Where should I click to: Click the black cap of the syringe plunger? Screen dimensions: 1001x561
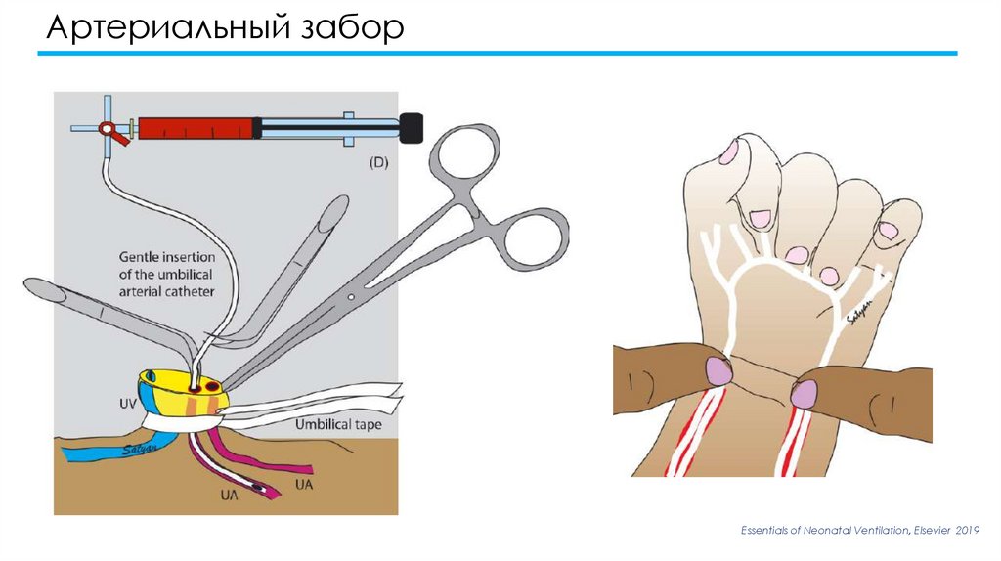(412, 128)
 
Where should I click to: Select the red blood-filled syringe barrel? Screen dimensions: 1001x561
(196, 128)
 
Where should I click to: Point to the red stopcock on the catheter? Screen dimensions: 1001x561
(111, 132)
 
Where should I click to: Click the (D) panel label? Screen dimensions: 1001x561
(378, 163)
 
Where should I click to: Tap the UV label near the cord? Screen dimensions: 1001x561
(128, 404)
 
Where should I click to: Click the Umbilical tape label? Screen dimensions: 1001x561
(338, 424)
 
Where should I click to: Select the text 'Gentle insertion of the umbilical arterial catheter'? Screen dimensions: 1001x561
(167, 275)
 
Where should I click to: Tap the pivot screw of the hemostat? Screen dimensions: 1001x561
(351, 297)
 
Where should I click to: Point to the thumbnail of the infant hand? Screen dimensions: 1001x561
(728, 151)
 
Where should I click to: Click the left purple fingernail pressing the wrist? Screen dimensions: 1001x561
(718, 371)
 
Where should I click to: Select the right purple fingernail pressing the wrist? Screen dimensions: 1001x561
(804, 394)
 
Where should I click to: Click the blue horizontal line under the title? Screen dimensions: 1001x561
(498, 54)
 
